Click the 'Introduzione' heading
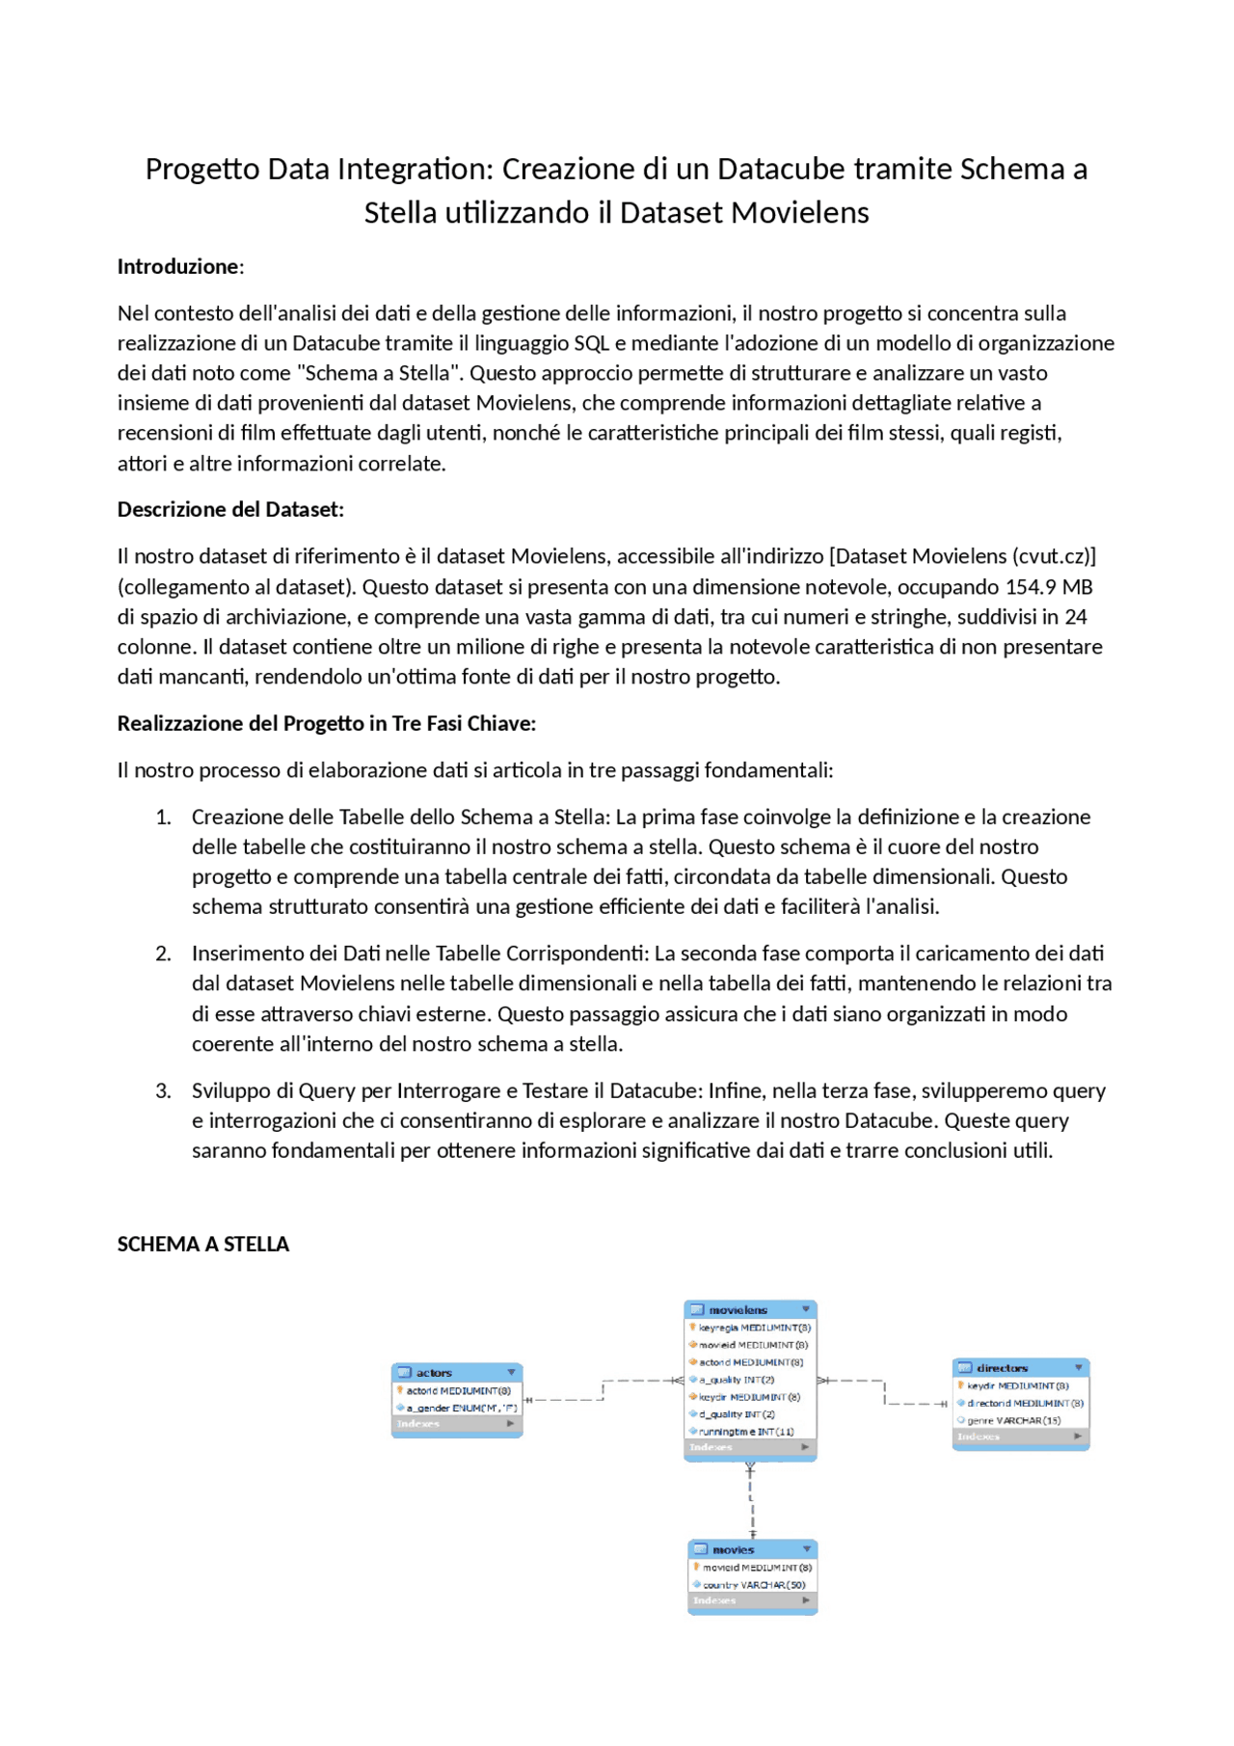[178, 267]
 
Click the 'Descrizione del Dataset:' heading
[230, 510]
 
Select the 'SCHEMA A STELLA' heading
[202, 1245]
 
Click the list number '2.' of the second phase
[163, 954]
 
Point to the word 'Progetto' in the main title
[201, 170]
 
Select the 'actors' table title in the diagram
[434, 1373]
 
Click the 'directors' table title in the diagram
[1002, 1368]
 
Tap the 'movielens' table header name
[738, 1310]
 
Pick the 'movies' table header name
[733, 1550]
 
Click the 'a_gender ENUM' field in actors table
[461, 1409]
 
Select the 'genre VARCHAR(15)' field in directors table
[1013, 1421]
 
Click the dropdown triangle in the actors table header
[511, 1372]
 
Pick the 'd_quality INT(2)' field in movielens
[737, 1414]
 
